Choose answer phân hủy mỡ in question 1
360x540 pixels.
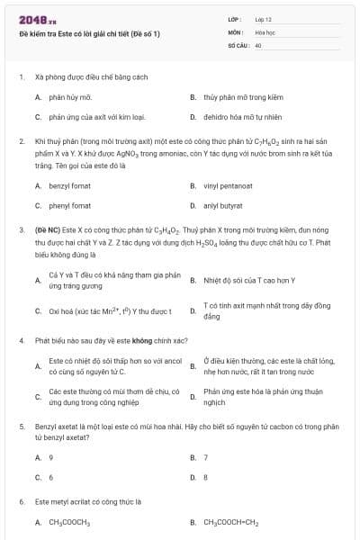point(70,95)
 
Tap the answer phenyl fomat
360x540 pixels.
point(69,206)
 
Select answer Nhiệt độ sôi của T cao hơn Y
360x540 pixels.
point(241,280)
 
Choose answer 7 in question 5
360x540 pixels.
point(206,457)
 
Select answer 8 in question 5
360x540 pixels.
point(206,477)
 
